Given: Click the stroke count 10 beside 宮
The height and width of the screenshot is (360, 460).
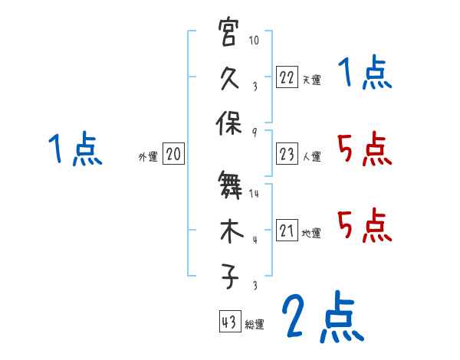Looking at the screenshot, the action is click(x=255, y=41).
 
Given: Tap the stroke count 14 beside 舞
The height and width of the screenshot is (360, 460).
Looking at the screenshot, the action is click(x=255, y=195).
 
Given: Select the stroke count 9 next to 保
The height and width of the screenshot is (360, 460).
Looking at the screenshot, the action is click(x=255, y=131).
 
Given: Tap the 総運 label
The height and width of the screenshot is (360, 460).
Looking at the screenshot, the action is click(x=255, y=324).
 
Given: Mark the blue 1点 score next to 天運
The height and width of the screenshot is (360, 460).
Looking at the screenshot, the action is click(x=364, y=75).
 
